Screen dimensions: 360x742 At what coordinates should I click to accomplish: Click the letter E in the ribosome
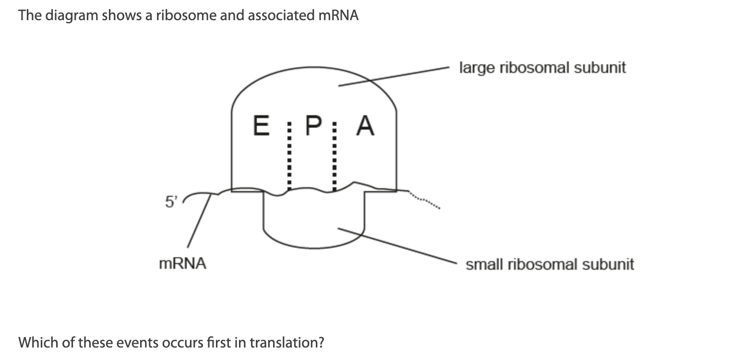click(x=261, y=126)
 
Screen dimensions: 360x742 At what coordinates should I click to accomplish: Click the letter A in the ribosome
click(x=365, y=126)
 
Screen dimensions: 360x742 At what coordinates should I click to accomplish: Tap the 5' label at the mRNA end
click(x=171, y=202)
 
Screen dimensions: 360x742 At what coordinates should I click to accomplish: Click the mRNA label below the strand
click(x=182, y=264)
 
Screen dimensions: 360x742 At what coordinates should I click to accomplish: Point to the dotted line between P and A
click(x=335, y=158)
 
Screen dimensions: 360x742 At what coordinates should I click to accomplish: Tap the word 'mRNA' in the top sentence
click(x=338, y=15)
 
